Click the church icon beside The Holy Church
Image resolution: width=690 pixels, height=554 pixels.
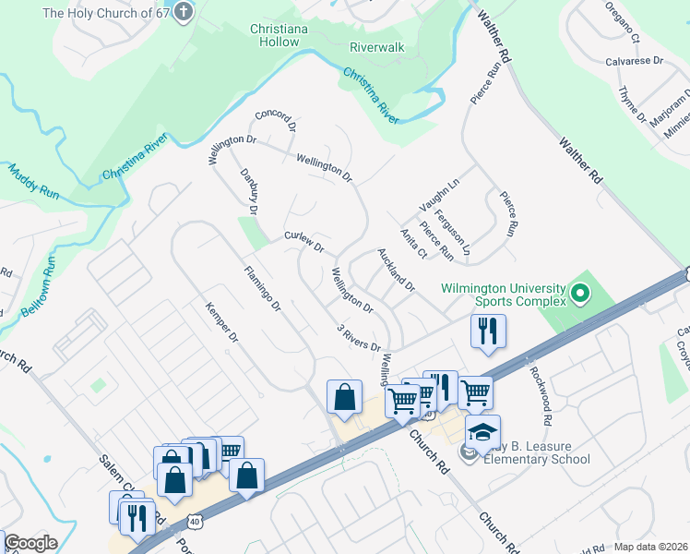point(184,13)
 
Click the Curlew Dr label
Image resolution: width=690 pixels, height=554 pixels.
point(304,242)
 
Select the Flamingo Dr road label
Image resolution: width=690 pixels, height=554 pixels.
point(261,288)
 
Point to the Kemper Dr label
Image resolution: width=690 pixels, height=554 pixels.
point(221,323)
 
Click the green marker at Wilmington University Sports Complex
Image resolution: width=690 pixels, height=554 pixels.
point(579,295)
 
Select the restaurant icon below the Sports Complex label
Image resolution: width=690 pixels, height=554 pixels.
point(488,331)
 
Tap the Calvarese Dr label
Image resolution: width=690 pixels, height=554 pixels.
point(635,60)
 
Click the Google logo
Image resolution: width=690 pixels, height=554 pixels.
point(30,543)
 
